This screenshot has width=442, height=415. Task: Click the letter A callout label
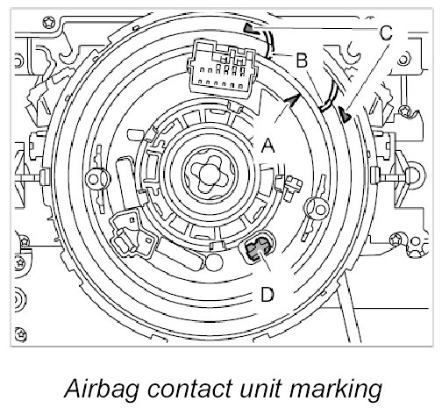coord(268,146)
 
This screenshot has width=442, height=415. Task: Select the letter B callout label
coord(302,61)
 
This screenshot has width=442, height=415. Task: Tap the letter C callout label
coord(387,32)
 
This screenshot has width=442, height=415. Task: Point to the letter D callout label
coord(267,294)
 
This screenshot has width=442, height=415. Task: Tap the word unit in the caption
coord(260,389)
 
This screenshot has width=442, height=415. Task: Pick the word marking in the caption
coord(336,390)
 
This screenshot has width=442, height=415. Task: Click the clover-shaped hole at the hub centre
coord(210,174)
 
